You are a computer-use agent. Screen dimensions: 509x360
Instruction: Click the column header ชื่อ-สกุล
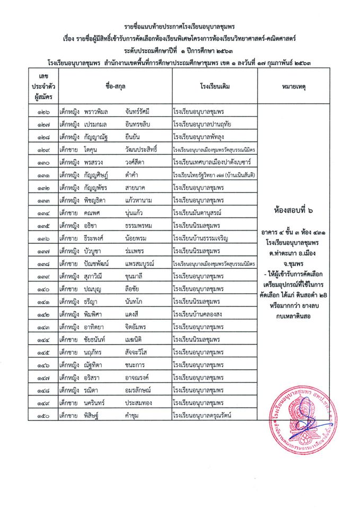click(115, 85)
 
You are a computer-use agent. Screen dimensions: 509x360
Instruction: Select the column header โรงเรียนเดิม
click(215, 85)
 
